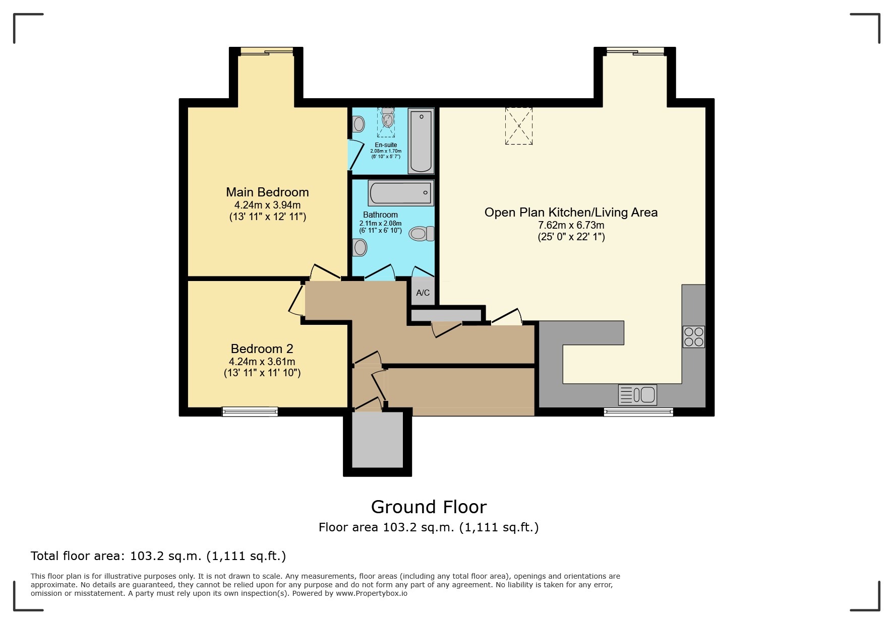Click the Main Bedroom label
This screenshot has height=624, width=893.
(267, 192)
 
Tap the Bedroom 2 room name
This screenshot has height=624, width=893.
(262, 349)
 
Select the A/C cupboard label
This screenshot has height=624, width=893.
(423, 293)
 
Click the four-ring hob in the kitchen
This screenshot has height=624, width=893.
(693, 337)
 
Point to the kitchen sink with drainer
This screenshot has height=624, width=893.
(637, 395)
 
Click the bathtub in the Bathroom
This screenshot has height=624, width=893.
(401, 193)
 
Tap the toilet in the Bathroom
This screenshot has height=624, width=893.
(422, 234)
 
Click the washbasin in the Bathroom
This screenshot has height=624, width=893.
(360, 247)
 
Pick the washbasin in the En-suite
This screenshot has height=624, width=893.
(359, 123)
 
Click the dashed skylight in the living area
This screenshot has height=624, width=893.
(519, 126)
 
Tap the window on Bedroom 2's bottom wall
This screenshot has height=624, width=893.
(250, 412)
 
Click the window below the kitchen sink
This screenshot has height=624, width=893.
(638, 412)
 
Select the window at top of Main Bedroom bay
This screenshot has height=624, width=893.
(266, 50)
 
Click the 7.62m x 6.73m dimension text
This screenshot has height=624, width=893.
(571, 225)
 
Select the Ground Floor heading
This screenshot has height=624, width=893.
(429, 507)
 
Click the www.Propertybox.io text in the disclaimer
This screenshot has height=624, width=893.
(372, 593)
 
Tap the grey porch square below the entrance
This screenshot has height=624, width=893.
(377, 440)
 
